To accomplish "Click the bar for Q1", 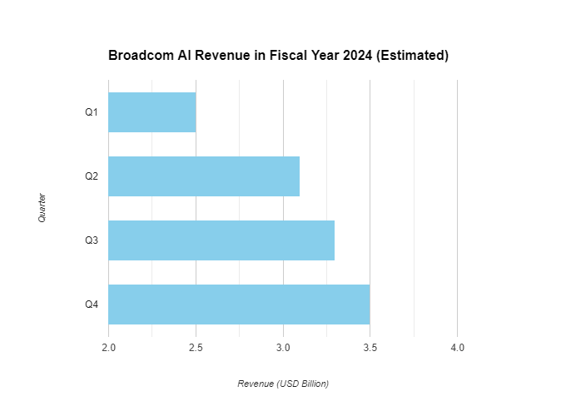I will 152,112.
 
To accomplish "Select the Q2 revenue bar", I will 204,176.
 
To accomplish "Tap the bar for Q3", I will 221,240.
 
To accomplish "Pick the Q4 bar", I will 239,305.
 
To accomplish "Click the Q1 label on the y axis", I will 92,112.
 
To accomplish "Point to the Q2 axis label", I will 92,176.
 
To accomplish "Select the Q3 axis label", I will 92,240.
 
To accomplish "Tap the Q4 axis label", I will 92,305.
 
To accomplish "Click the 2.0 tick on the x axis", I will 108,346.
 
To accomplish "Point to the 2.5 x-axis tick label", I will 196,346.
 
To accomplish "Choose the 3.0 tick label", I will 283,346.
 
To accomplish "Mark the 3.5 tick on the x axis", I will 370,346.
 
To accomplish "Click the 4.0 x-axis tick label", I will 457,346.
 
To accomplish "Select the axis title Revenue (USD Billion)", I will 283,384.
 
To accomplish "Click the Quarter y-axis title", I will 42,208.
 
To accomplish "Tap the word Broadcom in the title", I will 141,56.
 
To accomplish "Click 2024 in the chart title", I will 358,56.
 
